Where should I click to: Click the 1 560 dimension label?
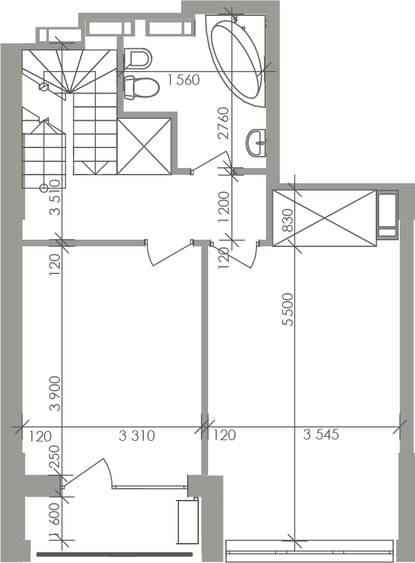pos(184,80)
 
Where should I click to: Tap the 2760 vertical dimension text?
pos(223,123)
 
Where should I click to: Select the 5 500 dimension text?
pos(288,309)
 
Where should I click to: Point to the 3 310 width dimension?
pos(137,436)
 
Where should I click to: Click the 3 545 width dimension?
pos(321,434)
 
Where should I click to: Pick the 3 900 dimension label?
pos(56,394)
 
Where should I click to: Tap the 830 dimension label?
pos(288,220)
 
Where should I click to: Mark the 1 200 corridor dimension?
pos(223,206)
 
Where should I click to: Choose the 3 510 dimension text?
pos(56,197)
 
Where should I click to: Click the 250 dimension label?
pos(56,457)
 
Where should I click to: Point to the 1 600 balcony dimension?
pos(56,519)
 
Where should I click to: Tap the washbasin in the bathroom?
pos(257,143)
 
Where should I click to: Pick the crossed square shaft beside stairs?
pos(144,147)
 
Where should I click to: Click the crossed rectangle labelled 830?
pos(324,218)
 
